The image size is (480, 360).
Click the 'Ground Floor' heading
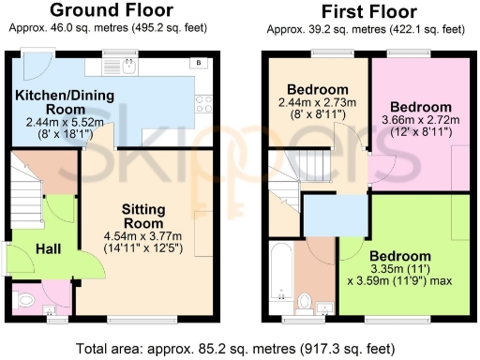111,11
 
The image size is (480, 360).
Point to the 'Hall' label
50,247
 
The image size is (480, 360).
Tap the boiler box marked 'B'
198,63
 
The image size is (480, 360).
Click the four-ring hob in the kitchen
201,101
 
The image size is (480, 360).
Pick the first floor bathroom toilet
306,301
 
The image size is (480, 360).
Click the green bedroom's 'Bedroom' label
399,256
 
